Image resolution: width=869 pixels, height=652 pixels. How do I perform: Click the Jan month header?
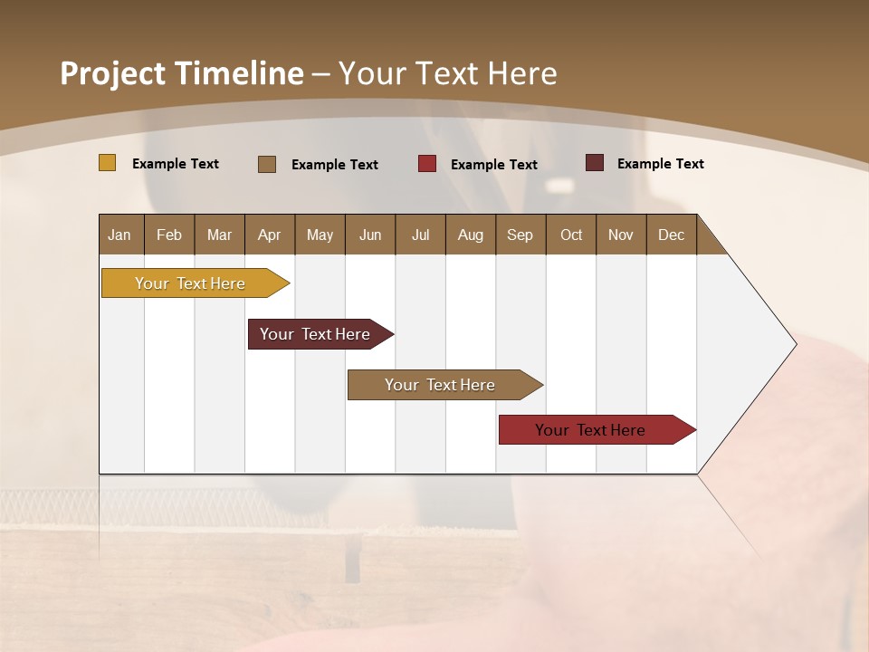(x=120, y=235)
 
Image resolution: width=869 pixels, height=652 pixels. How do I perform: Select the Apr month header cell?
(x=270, y=235)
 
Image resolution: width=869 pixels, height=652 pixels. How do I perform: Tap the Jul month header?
(x=420, y=235)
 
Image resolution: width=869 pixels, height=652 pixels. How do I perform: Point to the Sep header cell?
(x=520, y=235)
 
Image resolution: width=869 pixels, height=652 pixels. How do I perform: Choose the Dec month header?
(x=671, y=235)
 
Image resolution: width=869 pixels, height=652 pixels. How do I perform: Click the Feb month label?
(x=169, y=235)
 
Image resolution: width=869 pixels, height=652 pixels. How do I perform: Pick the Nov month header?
(x=621, y=235)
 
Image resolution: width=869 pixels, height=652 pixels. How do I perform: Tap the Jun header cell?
(x=370, y=235)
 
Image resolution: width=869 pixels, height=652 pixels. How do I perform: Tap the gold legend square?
(x=107, y=163)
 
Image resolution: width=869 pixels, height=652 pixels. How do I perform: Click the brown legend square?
(x=266, y=164)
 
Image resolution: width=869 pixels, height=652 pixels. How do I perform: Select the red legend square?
(x=426, y=164)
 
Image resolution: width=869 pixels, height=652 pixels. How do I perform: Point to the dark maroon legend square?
(x=594, y=163)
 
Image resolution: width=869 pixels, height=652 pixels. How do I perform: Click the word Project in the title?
(x=112, y=73)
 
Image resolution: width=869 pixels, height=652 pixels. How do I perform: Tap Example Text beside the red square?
(x=493, y=165)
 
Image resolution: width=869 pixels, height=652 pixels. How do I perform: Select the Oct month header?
(x=571, y=235)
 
